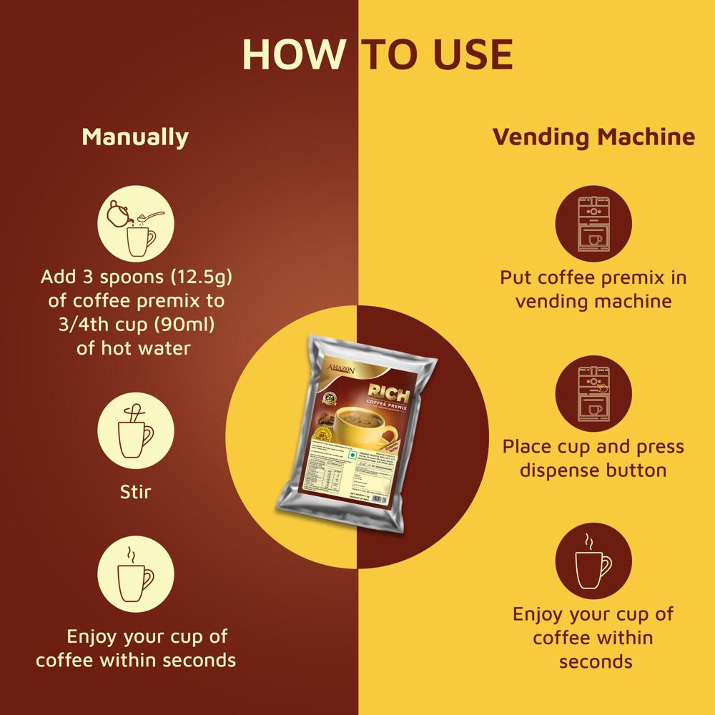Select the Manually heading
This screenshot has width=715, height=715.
tap(135, 137)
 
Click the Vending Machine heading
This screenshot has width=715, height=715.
tap(593, 137)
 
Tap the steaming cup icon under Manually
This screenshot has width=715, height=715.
tap(135, 572)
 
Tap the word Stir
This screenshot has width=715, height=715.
tap(135, 492)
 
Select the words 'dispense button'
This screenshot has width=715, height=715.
tap(593, 470)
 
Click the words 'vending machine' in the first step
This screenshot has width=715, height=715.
tap(593, 301)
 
